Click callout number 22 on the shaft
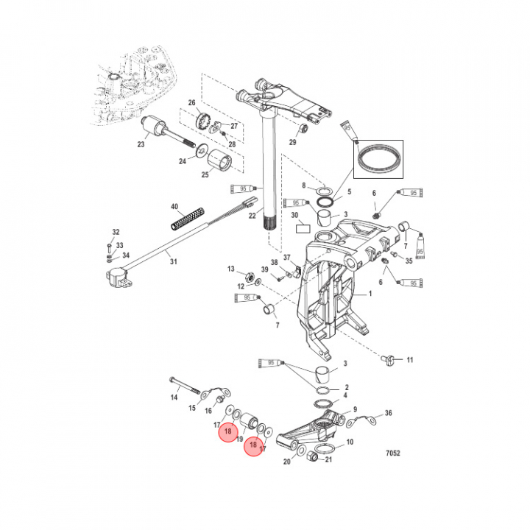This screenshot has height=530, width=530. pyautogui.click(x=252, y=216)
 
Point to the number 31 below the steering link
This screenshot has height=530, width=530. pyautogui.click(x=174, y=262)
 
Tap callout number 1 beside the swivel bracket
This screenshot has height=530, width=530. pyautogui.click(x=370, y=294)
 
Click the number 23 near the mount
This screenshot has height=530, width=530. pyautogui.click(x=141, y=144)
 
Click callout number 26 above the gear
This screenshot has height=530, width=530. pyautogui.click(x=191, y=103)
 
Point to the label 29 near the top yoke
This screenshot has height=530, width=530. pyautogui.click(x=292, y=142)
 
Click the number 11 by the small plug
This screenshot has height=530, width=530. pyautogui.click(x=410, y=360)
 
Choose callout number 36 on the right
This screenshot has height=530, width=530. pyautogui.click(x=389, y=414)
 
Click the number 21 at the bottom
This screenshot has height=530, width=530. pyautogui.click(x=328, y=461)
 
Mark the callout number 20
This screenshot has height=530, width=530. pyautogui.click(x=287, y=462)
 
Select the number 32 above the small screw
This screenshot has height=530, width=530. pyautogui.click(x=116, y=232)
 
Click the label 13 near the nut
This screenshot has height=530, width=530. pyautogui.click(x=230, y=269)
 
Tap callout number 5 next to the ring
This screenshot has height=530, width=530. pyautogui.click(x=350, y=191)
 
